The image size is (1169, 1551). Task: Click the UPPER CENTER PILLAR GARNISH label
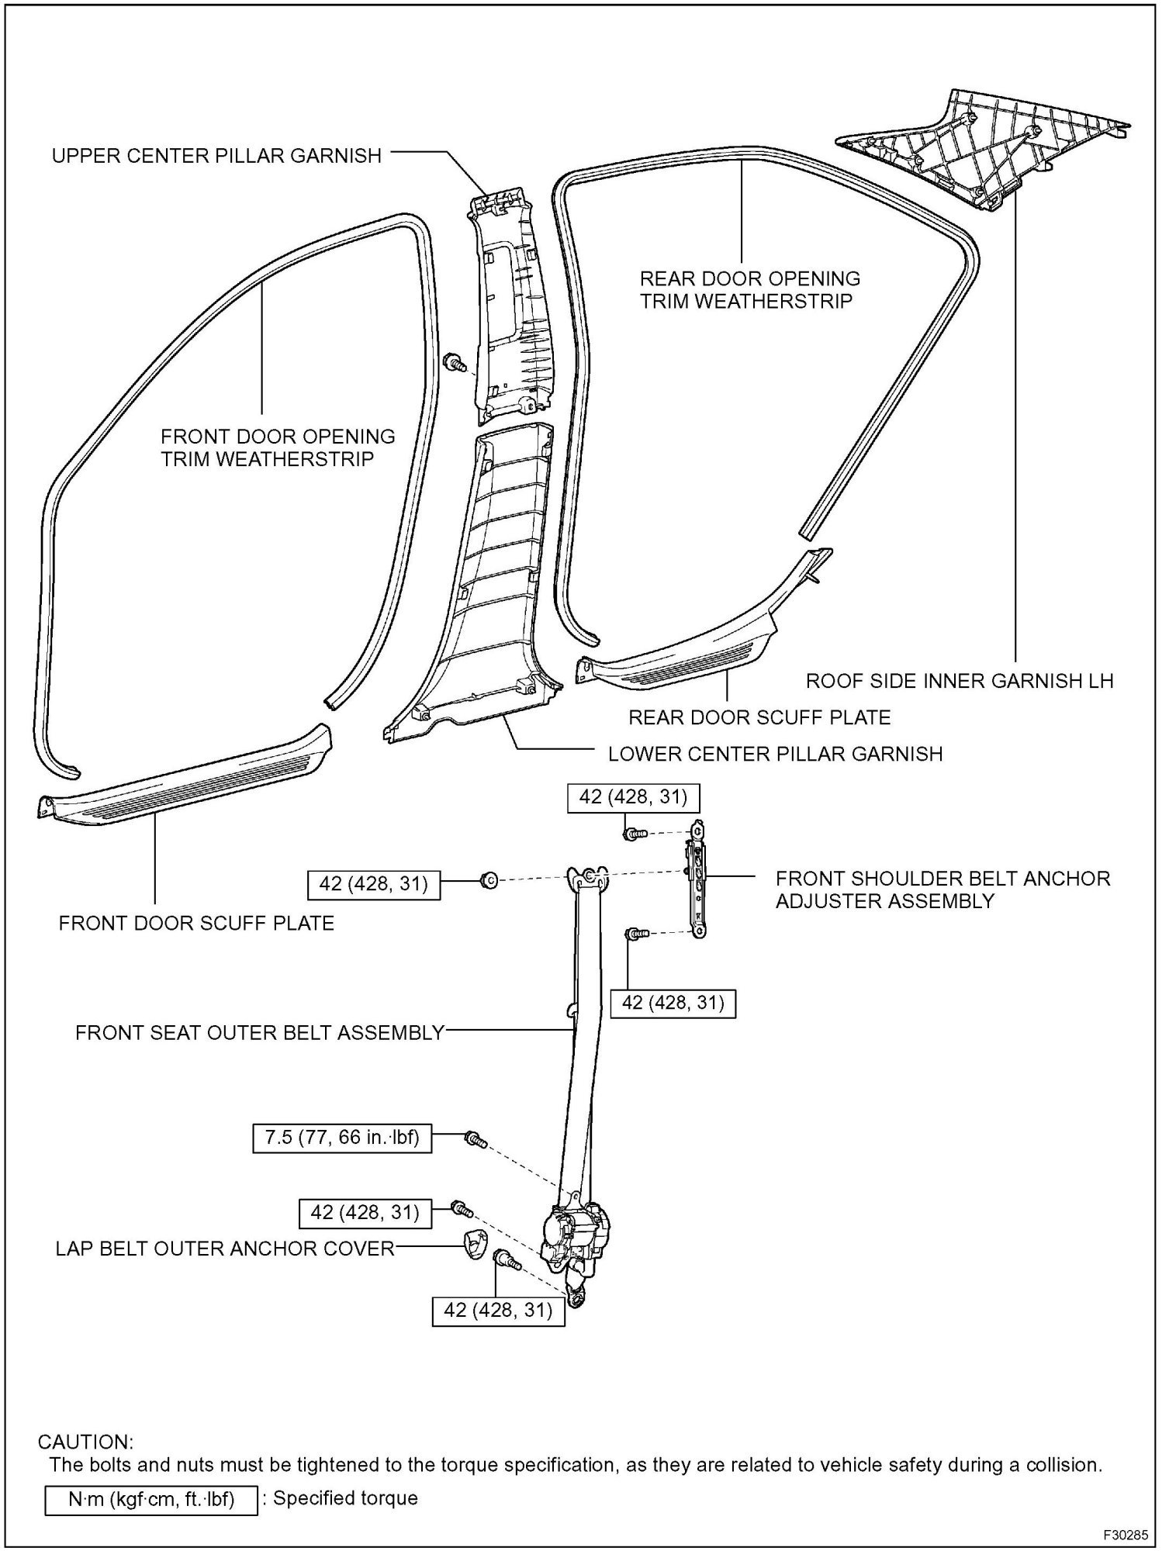[216, 156]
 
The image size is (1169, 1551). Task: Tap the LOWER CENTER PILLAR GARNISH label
[775, 753]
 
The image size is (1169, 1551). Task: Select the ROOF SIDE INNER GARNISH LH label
[960, 681]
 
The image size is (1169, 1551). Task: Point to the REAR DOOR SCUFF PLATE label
[759, 717]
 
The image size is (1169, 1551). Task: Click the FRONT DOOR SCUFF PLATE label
[196, 923]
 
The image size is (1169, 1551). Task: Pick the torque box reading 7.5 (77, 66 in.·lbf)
[342, 1138]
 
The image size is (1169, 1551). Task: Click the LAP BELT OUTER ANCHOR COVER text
[225, 1249]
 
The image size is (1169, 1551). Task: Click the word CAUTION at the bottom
[85, 1442]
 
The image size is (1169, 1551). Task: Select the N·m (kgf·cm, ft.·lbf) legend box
[150, 1498]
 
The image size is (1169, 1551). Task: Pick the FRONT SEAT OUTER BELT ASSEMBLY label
[260, 1032]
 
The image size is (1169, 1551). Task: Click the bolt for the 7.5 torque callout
[474, 1139]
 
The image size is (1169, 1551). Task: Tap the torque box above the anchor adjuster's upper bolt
[628, 797]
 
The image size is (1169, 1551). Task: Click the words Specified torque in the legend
[345, 1498]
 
